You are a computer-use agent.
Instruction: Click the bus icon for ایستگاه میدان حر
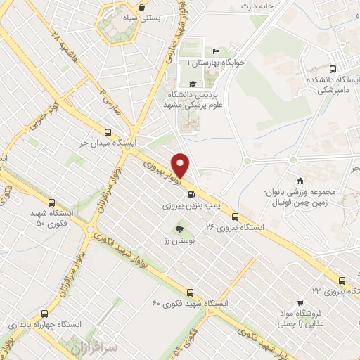click(x=108, y=131)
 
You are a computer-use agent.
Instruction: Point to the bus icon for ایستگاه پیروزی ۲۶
click(x=235, y=217)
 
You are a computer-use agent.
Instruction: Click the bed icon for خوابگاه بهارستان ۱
click(x=216, y=51)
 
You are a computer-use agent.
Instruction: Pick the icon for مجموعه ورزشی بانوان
click(x=300, y=179)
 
